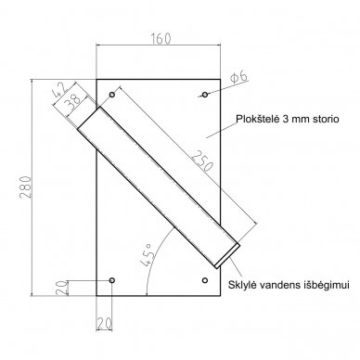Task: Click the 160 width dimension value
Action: [161, 39]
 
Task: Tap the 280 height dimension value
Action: [25, 187]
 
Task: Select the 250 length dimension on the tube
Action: [202, 161]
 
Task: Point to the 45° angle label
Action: [148, 254]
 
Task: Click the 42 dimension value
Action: [59, 90]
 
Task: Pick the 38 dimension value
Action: [73, 101]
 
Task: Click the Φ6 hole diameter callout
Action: [238, 76]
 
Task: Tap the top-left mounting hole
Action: [112, 95]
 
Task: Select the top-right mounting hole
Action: [205, 95]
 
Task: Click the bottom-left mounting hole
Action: [112, 280]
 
